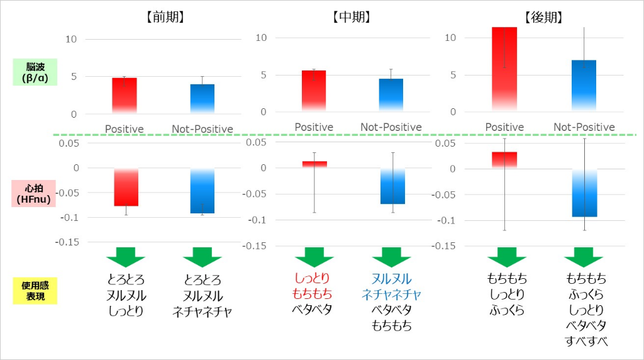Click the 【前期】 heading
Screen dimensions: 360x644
162,18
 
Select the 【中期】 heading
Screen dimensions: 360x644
352,18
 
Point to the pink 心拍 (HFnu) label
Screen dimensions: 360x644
35,193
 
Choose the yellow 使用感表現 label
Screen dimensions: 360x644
35,291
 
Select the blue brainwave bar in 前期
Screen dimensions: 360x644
202,98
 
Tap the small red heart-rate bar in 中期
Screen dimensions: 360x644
314,164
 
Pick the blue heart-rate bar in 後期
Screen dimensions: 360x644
584,193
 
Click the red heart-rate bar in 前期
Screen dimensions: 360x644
125,188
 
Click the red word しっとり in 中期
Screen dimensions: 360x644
312,278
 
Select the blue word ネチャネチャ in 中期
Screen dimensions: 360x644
391,294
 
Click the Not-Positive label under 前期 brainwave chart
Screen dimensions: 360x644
202,130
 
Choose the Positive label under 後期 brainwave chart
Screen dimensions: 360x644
504,128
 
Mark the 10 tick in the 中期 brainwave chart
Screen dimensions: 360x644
262,38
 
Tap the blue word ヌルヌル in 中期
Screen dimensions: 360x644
391,278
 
